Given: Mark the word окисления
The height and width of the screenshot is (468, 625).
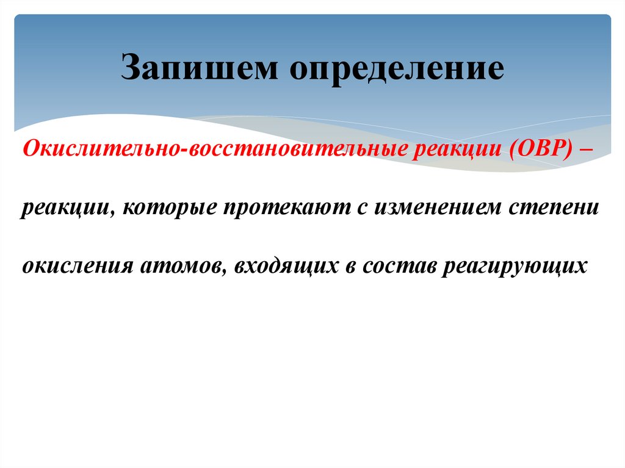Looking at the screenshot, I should pos(78,267).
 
